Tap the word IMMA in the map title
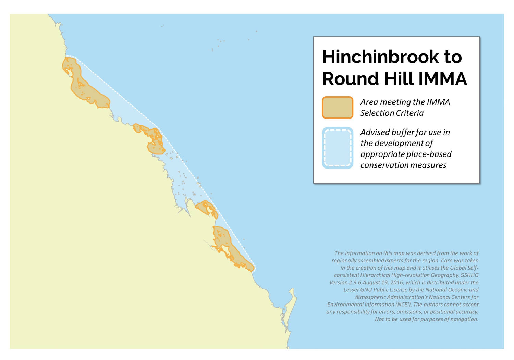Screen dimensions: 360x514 point(442,79)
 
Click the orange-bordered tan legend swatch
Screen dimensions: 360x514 point(338,108)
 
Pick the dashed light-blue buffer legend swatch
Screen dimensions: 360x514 point(338,148)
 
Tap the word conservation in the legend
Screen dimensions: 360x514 point(383,165)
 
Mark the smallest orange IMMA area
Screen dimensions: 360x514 point(207,208)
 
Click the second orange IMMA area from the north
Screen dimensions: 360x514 point(153,140)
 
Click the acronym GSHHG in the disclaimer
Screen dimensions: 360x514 point(469,275)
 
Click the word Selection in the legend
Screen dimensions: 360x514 point(376,113)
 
